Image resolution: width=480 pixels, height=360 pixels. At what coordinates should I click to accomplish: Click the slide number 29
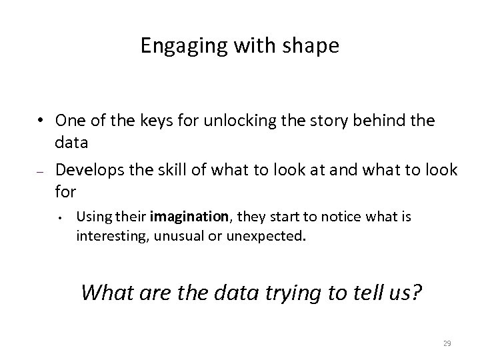tap(447, 343)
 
